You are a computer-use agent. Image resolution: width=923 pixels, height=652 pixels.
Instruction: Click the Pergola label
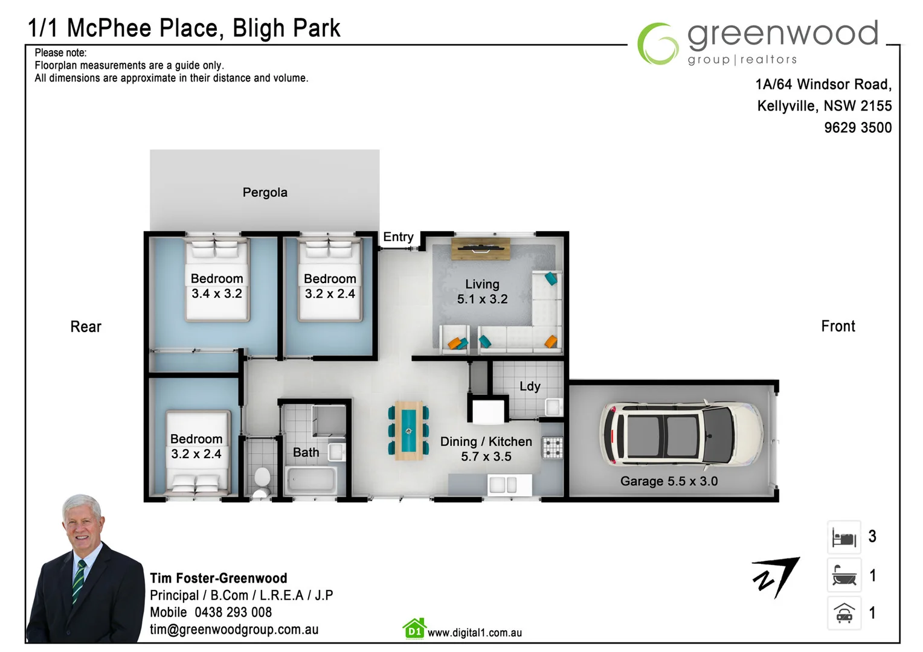coord(265,193)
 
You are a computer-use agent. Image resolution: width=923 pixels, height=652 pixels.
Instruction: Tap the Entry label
coord(398,237)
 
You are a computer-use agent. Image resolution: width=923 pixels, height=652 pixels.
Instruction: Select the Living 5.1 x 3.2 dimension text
coord(482,299)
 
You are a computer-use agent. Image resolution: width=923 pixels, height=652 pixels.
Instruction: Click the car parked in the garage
coord(681,434)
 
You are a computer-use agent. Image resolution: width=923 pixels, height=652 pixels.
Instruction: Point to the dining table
coord(408,430)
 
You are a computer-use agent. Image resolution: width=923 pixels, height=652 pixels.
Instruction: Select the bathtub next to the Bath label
coord(311,481)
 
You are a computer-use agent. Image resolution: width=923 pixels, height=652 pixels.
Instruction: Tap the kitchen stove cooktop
coord(552,448)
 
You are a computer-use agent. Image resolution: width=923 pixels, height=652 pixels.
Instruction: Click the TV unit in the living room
coord(480,248)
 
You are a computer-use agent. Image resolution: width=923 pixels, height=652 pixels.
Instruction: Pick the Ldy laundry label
coord(530,386)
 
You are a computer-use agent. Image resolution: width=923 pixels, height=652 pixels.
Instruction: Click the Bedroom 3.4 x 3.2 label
coord(217,286)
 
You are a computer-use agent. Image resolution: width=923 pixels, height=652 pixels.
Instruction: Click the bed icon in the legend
coord(844,537)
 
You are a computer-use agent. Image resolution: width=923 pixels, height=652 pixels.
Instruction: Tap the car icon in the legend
coord(844,613)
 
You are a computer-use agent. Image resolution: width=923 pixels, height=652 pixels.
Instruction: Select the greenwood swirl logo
coord(658,43)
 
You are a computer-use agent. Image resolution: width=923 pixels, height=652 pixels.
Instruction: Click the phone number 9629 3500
coord(857,128)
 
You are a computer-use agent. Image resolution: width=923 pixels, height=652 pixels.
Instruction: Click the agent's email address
coord(234,630)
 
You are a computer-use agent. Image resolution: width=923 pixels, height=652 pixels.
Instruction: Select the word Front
coord(838,327)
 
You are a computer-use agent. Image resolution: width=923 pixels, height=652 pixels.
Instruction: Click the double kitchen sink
coord(503,485)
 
